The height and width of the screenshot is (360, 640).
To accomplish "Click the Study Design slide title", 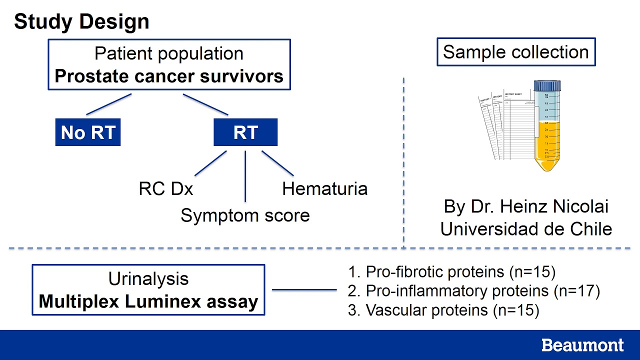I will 81,22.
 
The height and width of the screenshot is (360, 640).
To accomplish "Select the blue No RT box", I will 88,132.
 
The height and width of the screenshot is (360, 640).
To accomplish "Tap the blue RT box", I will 245,132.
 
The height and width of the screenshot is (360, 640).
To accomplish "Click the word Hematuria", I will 324,189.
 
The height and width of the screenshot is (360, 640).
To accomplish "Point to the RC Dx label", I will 166,189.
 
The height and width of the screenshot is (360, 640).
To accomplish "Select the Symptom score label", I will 245,215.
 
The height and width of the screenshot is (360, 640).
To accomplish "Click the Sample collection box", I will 515,52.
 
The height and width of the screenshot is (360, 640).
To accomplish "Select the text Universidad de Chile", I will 526,228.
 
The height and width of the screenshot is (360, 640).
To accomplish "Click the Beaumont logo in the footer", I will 582,345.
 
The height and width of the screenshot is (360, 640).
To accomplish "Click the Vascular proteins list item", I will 443,310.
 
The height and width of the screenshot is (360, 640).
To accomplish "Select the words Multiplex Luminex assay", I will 148,301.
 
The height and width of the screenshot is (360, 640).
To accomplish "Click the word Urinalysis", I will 148,278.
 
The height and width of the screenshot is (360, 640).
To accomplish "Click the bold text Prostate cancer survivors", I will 169,76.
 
